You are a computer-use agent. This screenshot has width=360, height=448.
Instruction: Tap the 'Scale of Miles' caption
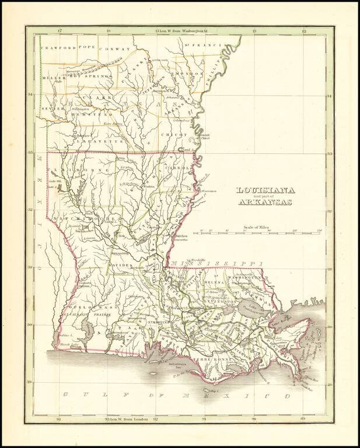(x=259, y=226)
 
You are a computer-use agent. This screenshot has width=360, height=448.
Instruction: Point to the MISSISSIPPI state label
(x=225, y=264)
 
